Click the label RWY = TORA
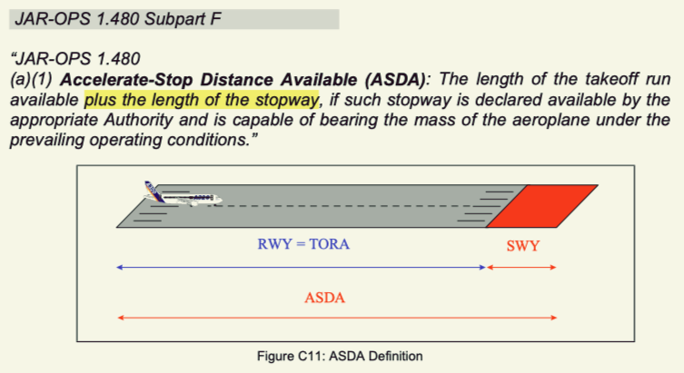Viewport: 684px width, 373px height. click(x=304, y=245)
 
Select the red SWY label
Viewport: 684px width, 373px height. click(x=522, y=246)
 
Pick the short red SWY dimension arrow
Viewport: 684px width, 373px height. click(x=520, y=268)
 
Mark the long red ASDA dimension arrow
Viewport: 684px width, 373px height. click(x=336, y=318)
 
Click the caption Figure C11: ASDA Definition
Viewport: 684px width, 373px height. click(x=341, y=355)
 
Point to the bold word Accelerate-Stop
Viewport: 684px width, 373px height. click(x=124, y=79)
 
